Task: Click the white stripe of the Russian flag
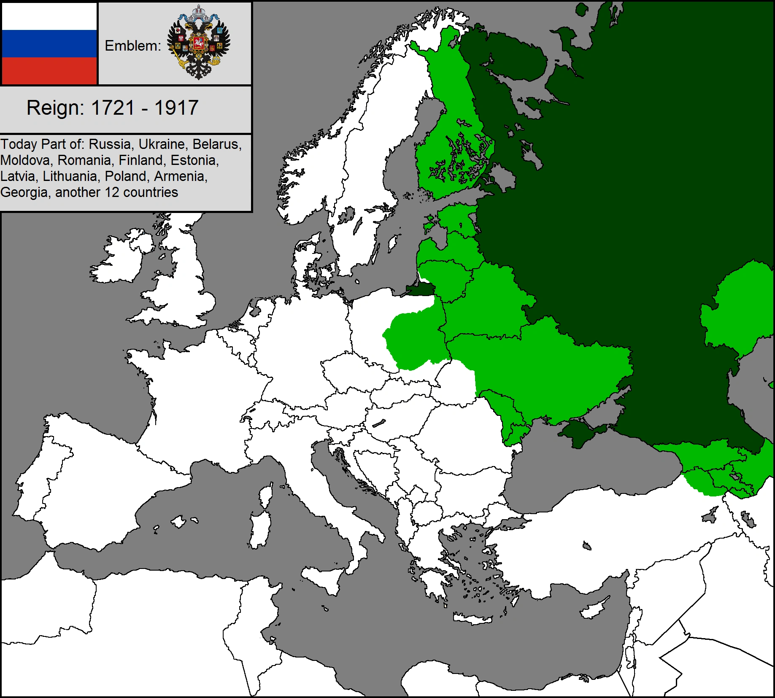[49, 16]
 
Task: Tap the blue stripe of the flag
[49, 43]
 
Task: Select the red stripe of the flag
[49, 70]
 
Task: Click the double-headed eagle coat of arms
[198, 42]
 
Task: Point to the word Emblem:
[132, 46]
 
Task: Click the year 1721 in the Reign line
[113, 108]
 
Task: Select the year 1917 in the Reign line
[176, 108]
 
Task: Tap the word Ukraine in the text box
[162, 144]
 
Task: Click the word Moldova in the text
[25, 160]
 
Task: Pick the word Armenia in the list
[180, 176]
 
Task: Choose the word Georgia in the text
[24, 192]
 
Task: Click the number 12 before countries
[112, 192]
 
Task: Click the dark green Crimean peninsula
[580, 432]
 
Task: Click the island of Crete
[473, 619]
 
